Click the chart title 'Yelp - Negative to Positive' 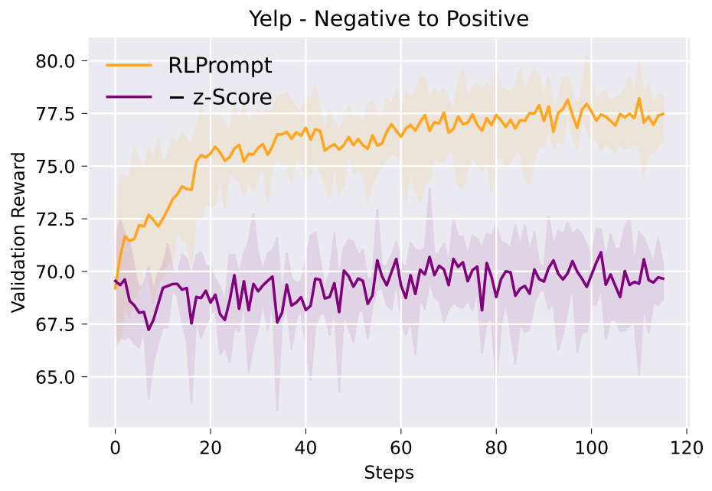(x=388, y=18)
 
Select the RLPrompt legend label (x=220, y=66)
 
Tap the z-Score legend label (x=220, y=97)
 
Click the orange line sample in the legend (x=129, y=66)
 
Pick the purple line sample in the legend (x=129, y=97)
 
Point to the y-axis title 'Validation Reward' (x=18, y=232)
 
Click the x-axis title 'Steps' (x=388, y=473)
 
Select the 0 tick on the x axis (x=115, y=444)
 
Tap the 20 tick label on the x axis (x=211, y=444)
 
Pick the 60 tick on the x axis (x=401, y=444)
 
